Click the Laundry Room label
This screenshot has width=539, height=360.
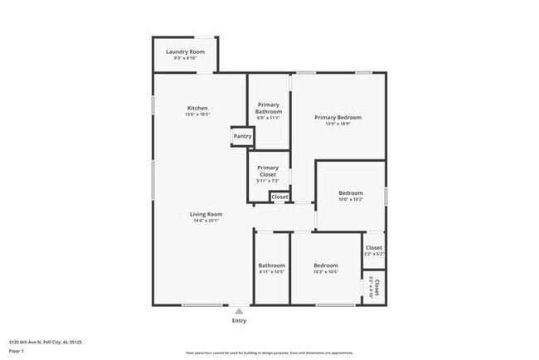pos(185,51)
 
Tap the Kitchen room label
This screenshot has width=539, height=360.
pos(197,108)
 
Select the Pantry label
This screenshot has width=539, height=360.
pos(242,136)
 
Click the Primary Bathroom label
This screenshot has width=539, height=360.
pos(269,109)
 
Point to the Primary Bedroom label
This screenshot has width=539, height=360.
pos(337,118)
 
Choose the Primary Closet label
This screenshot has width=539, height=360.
pos(268,171)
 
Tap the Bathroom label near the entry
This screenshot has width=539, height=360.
pos(271,265)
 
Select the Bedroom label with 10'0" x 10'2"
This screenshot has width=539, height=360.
pos(350,193)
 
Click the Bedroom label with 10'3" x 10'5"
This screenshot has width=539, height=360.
pos(325,265)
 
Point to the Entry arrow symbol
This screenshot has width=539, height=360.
pos(239,311)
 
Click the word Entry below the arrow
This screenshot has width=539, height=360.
pos(239,320)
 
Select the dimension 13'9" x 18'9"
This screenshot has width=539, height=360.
pos(337,124)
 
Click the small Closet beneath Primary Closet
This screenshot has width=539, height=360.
pos(279,197)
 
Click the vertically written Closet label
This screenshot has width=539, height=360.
pos(377,287)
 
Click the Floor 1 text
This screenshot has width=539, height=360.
pos(17,351)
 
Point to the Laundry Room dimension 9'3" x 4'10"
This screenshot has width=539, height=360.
pos(185,58)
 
